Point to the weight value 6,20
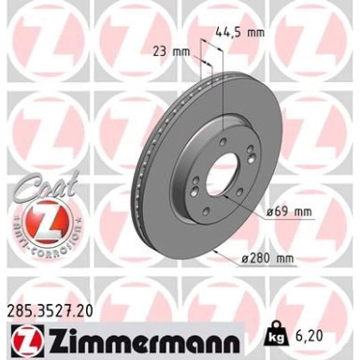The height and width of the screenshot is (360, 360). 312,333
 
